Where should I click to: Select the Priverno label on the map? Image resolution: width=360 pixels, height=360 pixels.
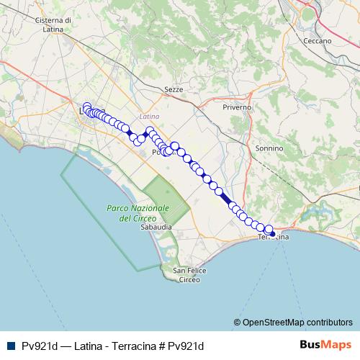point(237,107)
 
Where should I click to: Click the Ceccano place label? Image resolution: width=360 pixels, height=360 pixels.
point(317,41)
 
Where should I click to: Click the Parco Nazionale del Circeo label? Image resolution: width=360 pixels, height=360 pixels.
point(138,212)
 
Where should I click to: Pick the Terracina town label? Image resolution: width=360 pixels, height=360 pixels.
point(274,237)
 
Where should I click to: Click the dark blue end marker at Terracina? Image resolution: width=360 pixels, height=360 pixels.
point(272,233)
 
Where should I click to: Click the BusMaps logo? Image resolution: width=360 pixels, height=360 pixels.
point(326,345)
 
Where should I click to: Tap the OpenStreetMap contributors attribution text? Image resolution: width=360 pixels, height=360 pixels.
point(297,323)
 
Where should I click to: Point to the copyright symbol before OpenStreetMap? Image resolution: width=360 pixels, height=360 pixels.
point(237,323)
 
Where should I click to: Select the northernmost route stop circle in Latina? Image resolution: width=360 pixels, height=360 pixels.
point(86,107)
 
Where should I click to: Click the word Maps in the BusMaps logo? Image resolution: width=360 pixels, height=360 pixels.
point(338,345)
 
